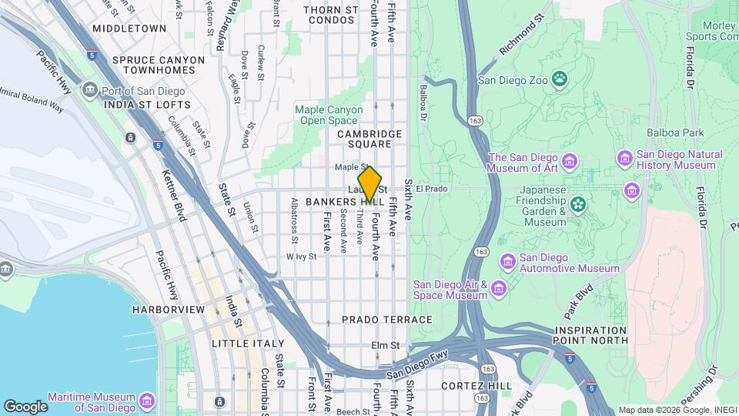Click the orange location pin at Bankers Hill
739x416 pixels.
tap(369, 183)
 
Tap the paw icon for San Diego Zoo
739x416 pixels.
tap(560, 79)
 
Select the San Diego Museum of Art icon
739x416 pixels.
tap(570, 161)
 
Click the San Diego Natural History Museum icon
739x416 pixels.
tap(624, 159)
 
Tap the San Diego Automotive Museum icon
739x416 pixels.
tap(507, 262)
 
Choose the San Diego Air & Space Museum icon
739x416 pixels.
tap(499, 289)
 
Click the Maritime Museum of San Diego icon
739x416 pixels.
tap(146, 401)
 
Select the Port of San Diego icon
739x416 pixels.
tap(90, 91)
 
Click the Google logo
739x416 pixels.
tap(25, 406)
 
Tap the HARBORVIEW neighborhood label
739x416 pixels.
tap(168, 309)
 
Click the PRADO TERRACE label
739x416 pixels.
tap(376, 319)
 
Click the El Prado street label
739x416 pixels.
tap(431, 188)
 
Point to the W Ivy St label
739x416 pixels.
tap(301, 257)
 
